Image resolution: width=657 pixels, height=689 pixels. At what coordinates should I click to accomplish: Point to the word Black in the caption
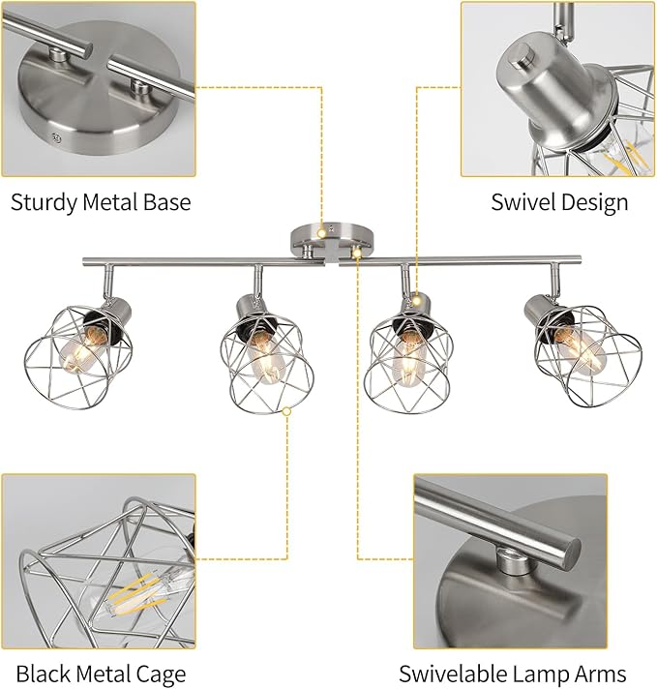(43, 674)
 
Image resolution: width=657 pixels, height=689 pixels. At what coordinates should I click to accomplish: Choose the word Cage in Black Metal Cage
(161, 674)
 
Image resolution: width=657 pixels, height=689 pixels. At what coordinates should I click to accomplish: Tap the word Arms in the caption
(599, 674)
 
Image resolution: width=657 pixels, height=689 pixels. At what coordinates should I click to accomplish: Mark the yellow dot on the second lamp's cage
(286, 410)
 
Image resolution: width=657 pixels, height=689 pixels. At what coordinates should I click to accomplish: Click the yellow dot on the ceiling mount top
(322, 233)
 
